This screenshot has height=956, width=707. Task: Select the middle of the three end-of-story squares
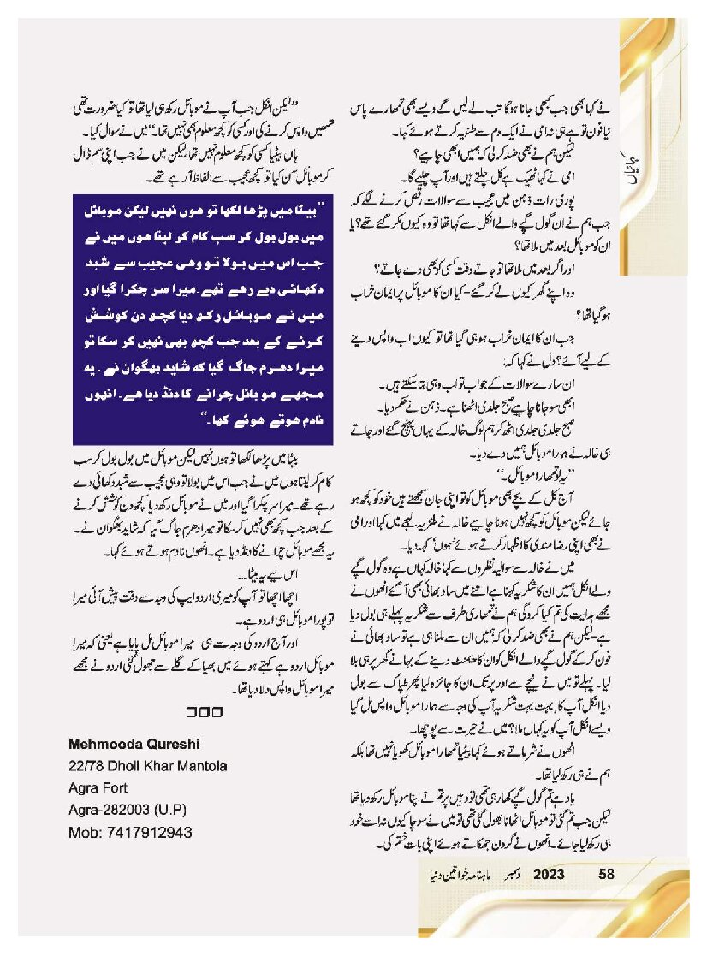click(203, 711)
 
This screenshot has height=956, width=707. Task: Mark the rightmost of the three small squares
click(217, 711)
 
